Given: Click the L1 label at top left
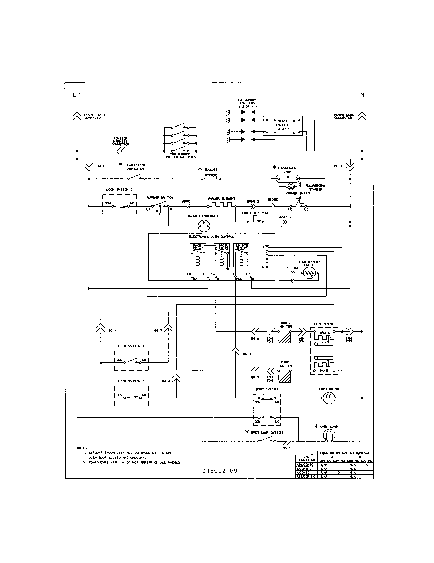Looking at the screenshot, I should (x=77, y=95).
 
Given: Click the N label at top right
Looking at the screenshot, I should (x=362, y=95).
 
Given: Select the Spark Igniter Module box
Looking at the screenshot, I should (x=283, y=126).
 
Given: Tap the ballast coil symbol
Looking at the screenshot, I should (x=211, y=177).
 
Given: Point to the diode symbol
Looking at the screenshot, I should (x=274, y=206).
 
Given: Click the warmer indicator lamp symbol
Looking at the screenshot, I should (x=204, y=226).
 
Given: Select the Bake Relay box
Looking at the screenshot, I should (x=198, y=255).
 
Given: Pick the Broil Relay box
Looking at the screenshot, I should (x=221, y=255).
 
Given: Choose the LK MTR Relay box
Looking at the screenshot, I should (x=241, y=255).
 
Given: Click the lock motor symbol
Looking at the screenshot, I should (x=329, y=398).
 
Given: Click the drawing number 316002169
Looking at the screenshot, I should (x=220, y=471).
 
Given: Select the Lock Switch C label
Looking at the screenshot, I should (x=119, y=189).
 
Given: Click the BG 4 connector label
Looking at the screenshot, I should (x=112, y=330).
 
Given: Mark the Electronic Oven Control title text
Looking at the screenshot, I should (x=211, y=237).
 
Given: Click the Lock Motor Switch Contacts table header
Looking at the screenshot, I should (x=345, y=453).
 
